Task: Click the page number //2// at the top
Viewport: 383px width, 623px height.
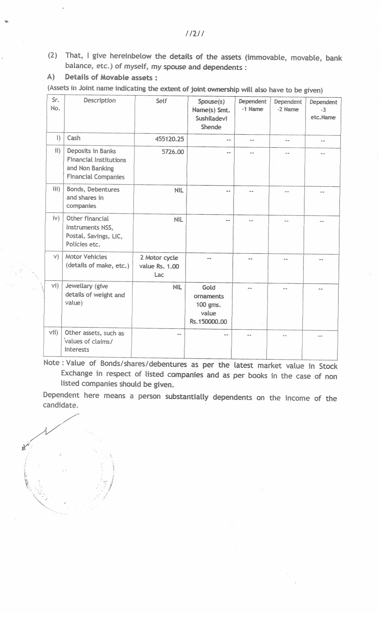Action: (x=194, y=34)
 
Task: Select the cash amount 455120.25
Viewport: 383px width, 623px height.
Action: (x=169, y=139)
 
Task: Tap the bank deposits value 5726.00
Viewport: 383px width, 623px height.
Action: (x=173, y=152)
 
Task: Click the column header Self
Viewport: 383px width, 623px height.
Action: (x=161, y=101)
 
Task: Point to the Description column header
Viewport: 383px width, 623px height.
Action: (x=100, y=100)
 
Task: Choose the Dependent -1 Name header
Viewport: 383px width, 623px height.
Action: (x=252, y=105)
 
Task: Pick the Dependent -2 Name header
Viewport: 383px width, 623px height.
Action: (x=288, y=105)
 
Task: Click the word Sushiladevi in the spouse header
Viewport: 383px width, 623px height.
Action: (x=211, y=118)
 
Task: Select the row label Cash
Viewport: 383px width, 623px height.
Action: (x=74, y=138)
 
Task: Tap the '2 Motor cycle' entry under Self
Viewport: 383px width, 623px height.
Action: (x=159, y=258)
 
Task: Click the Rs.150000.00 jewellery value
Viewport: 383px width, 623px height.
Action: (x=208, y=322)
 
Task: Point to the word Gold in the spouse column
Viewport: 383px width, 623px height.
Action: (x=209, y=288)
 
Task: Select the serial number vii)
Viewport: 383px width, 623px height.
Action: (x=54, y=332)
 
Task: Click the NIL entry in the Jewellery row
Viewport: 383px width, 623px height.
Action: (x=177, y=287)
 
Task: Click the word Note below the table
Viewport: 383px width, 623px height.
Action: (x=51, y=363)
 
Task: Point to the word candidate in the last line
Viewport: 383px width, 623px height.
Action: (x=60, y=405)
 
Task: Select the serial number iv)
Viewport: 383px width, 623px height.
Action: (x=56, y=218)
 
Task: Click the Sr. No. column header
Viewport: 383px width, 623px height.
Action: (x=55, y=104)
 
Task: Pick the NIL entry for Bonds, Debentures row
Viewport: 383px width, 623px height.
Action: (x=179, y=190)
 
